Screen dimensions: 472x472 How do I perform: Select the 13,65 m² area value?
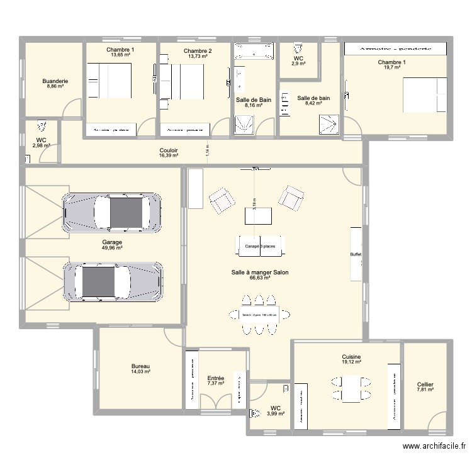click(x=120, y=55)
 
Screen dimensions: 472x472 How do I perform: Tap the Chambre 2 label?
click(x=198, y=50)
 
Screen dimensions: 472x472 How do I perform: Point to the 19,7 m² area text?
click(x=391, y=68)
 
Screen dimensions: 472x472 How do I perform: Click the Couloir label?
click(x=169, y=150)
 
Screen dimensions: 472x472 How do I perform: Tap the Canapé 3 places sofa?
click(x=260, y=246)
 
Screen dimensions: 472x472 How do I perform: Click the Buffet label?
click(x=356, y=254)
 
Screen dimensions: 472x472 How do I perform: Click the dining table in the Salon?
click(x=259, y=315)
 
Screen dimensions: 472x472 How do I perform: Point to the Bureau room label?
click(x=140, y=366)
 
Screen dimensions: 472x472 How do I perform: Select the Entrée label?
click(x=215, y=378)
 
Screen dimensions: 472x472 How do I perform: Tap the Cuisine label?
click(x=351, y=356)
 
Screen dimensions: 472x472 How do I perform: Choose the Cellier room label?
click(x=425, y=385)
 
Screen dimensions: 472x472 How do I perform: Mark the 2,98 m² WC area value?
click(x=42, y=145)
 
